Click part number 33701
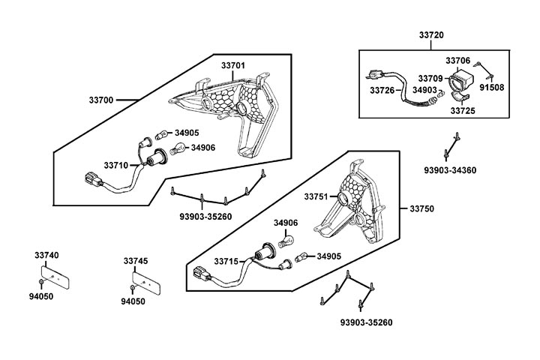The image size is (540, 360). click(232, 66)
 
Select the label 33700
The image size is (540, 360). click(101, 98)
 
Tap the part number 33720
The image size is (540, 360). click(431, 35)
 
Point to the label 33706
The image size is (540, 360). click(457, 60)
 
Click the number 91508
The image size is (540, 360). click(492, 87)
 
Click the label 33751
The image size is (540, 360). click(316, 196)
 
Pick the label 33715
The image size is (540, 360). click(226, 261)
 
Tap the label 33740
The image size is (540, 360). click(46, 255)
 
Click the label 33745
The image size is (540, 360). click(135, 261)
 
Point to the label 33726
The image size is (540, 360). click(382, 90)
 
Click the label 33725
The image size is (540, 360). click(462, 110)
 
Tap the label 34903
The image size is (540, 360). click(424, 90)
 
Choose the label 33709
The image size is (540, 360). click(430, 78)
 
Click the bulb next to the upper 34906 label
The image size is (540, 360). click(178, 149)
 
